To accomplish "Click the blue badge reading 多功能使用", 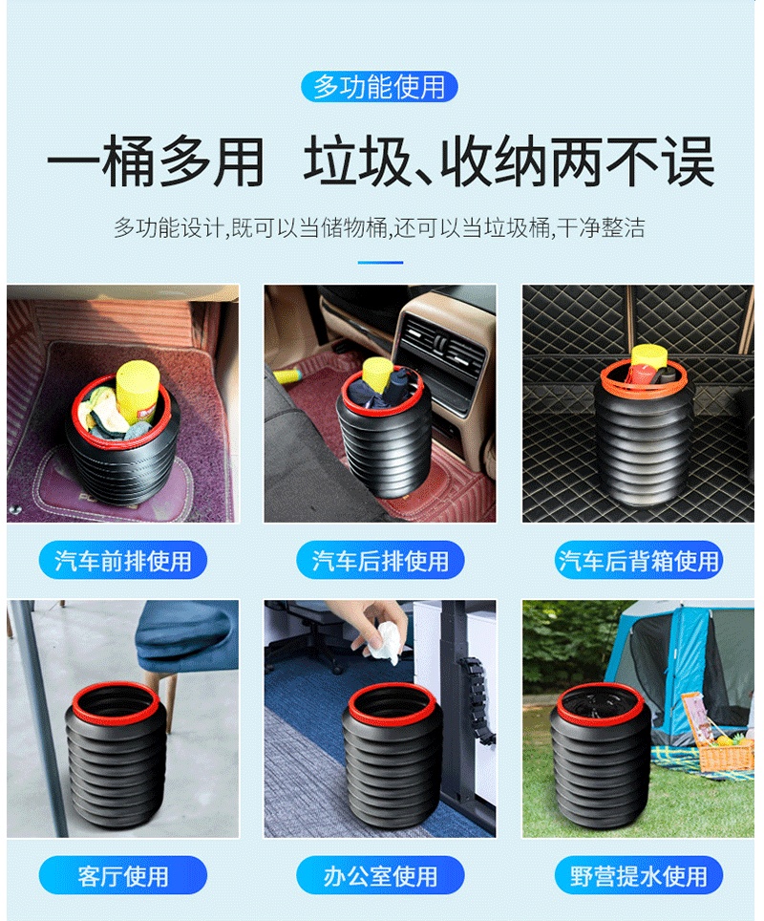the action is tap(379, 87).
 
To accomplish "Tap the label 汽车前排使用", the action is tap(123, 561).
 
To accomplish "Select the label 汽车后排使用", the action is tap(380, 561).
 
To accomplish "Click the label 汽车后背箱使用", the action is tap(638, 561).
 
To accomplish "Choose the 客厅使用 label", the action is tap(123, 876).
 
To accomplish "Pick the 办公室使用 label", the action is tap(380, 876).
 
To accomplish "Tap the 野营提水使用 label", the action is tap(638, 876).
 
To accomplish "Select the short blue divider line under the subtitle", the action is tap(380, 263).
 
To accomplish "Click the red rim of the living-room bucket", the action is tap(116, 685).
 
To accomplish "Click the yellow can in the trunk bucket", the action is tap(648, 358).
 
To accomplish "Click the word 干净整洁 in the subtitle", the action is tap(601, 228).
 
